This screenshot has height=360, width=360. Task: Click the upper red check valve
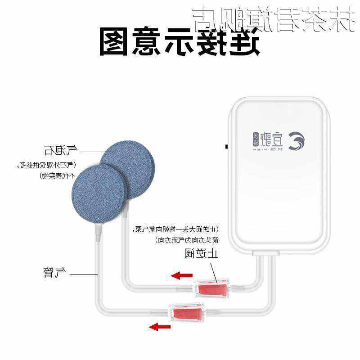211,288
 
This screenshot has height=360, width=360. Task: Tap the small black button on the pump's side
226,147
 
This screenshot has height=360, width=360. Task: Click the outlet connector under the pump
264,256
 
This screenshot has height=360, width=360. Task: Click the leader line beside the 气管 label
84,274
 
